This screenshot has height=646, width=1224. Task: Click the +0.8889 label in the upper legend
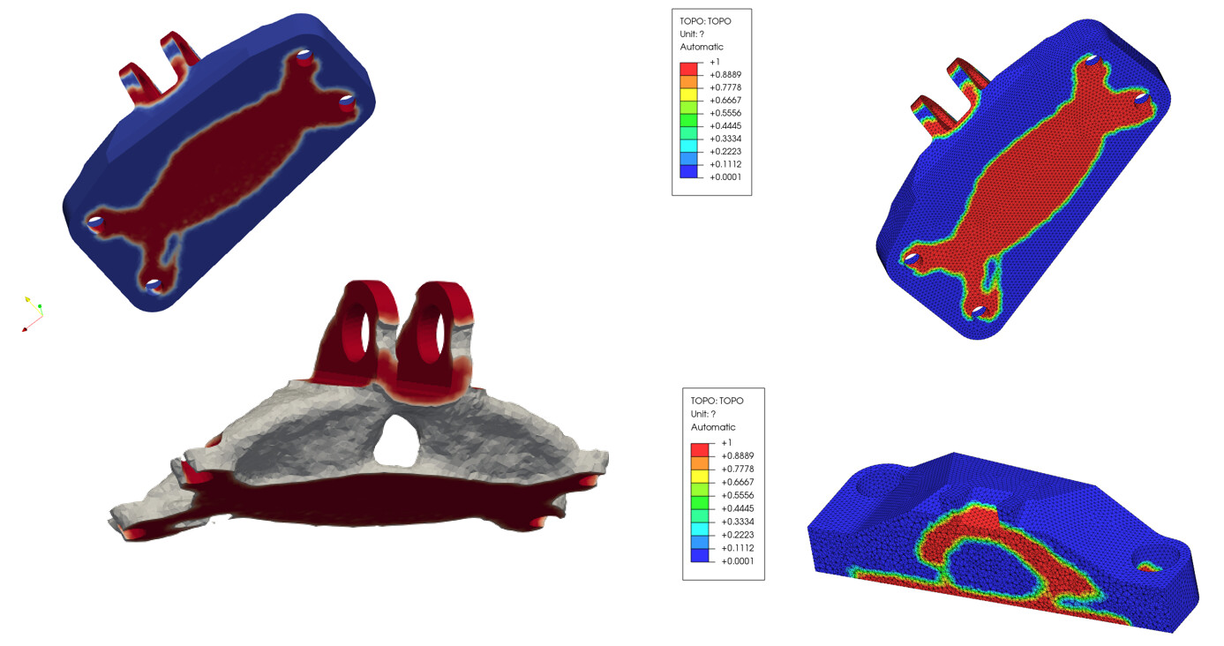(x=725, y=75)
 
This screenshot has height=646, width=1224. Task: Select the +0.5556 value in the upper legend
(x=725, y=113)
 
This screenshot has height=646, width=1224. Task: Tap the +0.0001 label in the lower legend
(x=737, y=561)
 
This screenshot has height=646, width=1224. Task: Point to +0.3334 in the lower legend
(x=737, y=522)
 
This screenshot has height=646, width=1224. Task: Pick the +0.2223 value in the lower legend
(x=737, y=535)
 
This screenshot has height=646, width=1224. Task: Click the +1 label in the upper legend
(x=715, y=62)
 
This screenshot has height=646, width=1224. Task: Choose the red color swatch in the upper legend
(x=688, y=69)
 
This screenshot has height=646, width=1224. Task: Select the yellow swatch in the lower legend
(x=700, y=477)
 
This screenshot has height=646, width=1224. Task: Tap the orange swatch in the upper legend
(x=688, y=82)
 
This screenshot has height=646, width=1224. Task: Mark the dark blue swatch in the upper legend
(x=688, y=171)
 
